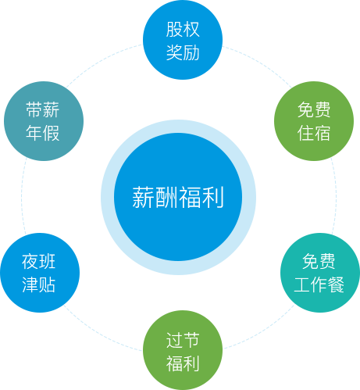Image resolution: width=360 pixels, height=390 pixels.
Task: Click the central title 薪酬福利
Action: coord(178,198)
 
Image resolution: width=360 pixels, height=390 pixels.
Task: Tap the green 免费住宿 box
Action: coord(313,120)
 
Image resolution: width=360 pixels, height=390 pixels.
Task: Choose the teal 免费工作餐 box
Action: coord(319,272)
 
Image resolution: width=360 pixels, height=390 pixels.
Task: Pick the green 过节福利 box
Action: coord(182,349)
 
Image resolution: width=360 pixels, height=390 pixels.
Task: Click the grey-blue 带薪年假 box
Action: coord(43,120)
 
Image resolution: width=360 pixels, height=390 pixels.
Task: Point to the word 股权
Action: coord(183,30)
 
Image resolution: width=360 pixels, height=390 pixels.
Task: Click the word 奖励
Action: coord(183,52)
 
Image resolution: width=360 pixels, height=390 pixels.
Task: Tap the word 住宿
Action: coord(313,132)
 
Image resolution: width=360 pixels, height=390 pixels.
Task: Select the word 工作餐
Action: coord(319,284)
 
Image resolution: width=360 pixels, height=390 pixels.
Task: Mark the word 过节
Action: coord(182,340)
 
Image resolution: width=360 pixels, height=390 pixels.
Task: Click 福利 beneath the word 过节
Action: coord(182,363)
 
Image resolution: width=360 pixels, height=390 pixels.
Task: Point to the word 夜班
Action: coord(39,261)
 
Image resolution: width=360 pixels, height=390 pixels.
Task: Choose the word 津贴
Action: coord(39,284)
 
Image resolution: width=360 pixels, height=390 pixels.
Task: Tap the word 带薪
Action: coord(43,109)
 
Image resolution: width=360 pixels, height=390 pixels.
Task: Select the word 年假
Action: coord(43,132)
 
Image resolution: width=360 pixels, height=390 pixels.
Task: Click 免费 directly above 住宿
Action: coord(313,109)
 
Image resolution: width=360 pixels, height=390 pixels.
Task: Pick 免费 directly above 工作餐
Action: coord(319,261)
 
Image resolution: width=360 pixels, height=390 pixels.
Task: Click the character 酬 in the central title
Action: coord(166,198)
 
